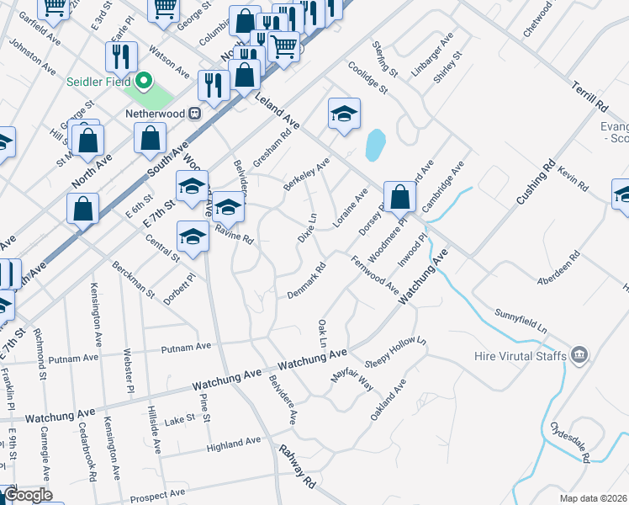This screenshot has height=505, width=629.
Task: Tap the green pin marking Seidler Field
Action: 144,82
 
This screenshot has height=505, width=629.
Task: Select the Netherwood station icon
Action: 195,112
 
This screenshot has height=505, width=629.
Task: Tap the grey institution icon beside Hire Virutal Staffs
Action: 579,356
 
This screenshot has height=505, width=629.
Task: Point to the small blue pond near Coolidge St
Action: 375,145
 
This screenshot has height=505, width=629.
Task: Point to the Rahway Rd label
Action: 299,468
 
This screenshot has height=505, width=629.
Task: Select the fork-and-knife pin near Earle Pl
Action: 122,56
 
